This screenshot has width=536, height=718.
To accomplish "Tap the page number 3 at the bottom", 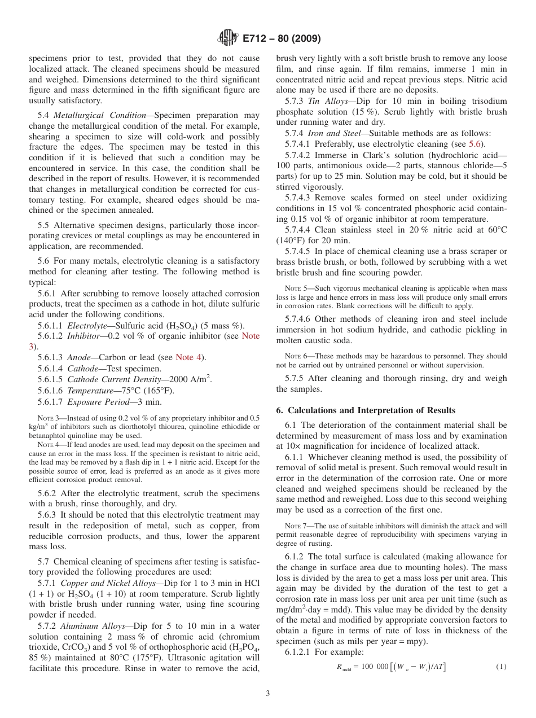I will click(x=268, y=694).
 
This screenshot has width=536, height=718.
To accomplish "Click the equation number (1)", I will click(x=501, y=667).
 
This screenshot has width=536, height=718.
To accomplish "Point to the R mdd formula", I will click(x=391, y=667).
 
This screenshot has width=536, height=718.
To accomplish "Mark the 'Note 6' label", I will click(x=295, y=356).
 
